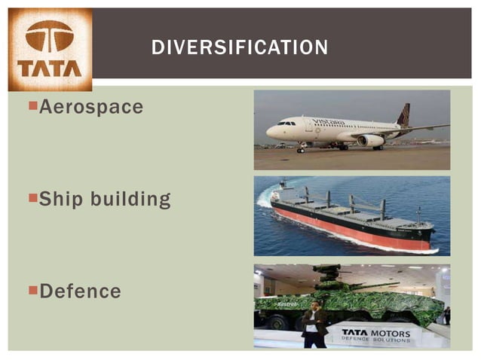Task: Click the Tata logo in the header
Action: [50, 49]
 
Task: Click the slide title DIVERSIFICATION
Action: [240, 48]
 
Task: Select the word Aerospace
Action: [90, 107]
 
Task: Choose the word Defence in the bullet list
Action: [80, 291]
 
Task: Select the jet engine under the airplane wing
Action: [370, 140]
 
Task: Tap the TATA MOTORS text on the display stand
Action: [375, 332]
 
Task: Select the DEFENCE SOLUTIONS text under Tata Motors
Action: [375, 340]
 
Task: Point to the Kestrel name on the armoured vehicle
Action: [287, 304]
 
